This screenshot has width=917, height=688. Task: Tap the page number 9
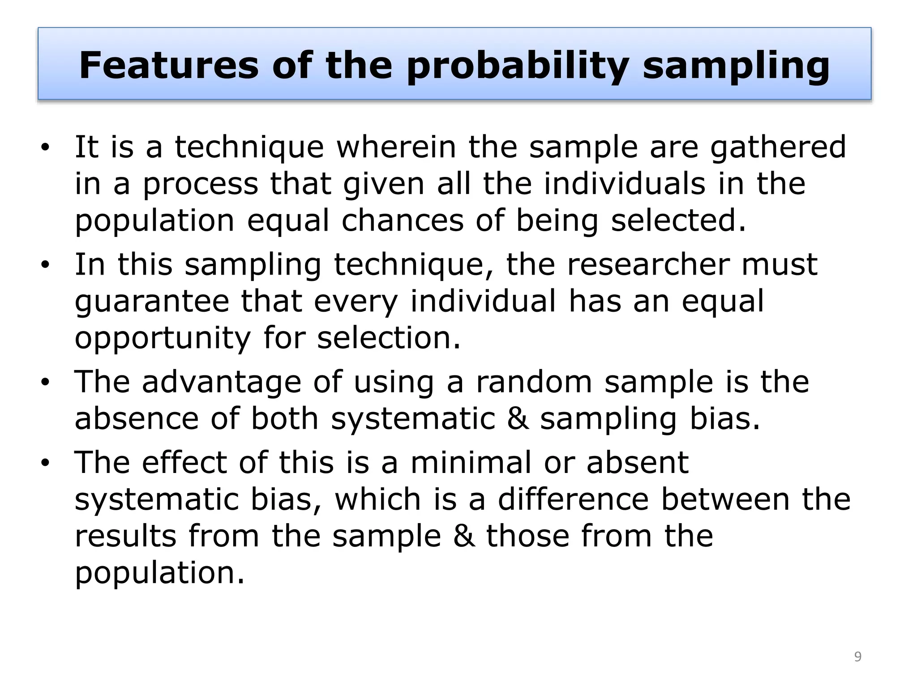(x=857, y=657)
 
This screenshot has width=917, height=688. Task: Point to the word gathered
(x=778, y=148)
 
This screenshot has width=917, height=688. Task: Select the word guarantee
(x=152, y=302)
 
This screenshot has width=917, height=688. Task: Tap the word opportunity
(x=163, y=339)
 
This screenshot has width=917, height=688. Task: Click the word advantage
(x=221, y=383)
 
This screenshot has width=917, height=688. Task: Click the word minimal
(x=471, y=462)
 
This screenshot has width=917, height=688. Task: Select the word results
(x=125, y=536)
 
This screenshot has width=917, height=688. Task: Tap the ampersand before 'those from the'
(x=463, y=536)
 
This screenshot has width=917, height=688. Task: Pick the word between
(x=725, y=499)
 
